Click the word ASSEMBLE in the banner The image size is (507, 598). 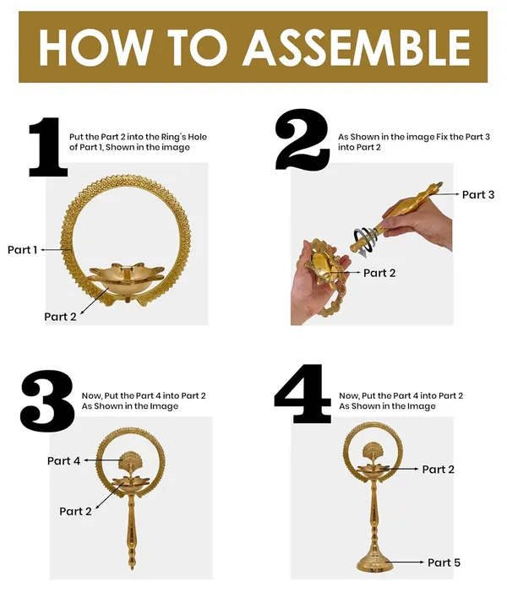(357, 47)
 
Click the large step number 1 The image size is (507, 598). (48, 147)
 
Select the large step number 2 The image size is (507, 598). (303, 139)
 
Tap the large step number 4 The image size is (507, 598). (303, 394)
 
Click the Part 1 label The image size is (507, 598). (23, 250)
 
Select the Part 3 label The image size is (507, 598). (478, 194)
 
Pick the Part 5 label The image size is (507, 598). (444, 563)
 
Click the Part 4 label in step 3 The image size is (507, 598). (63, 460)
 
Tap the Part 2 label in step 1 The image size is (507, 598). (60, 317)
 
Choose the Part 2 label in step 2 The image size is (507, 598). (379, 273)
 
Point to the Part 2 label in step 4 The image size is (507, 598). (438, 469)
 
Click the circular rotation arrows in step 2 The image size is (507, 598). (365, 240)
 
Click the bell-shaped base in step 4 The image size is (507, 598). (374, 561)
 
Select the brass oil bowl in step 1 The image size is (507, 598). (127, 280)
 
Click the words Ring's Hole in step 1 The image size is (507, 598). (184, 137)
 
